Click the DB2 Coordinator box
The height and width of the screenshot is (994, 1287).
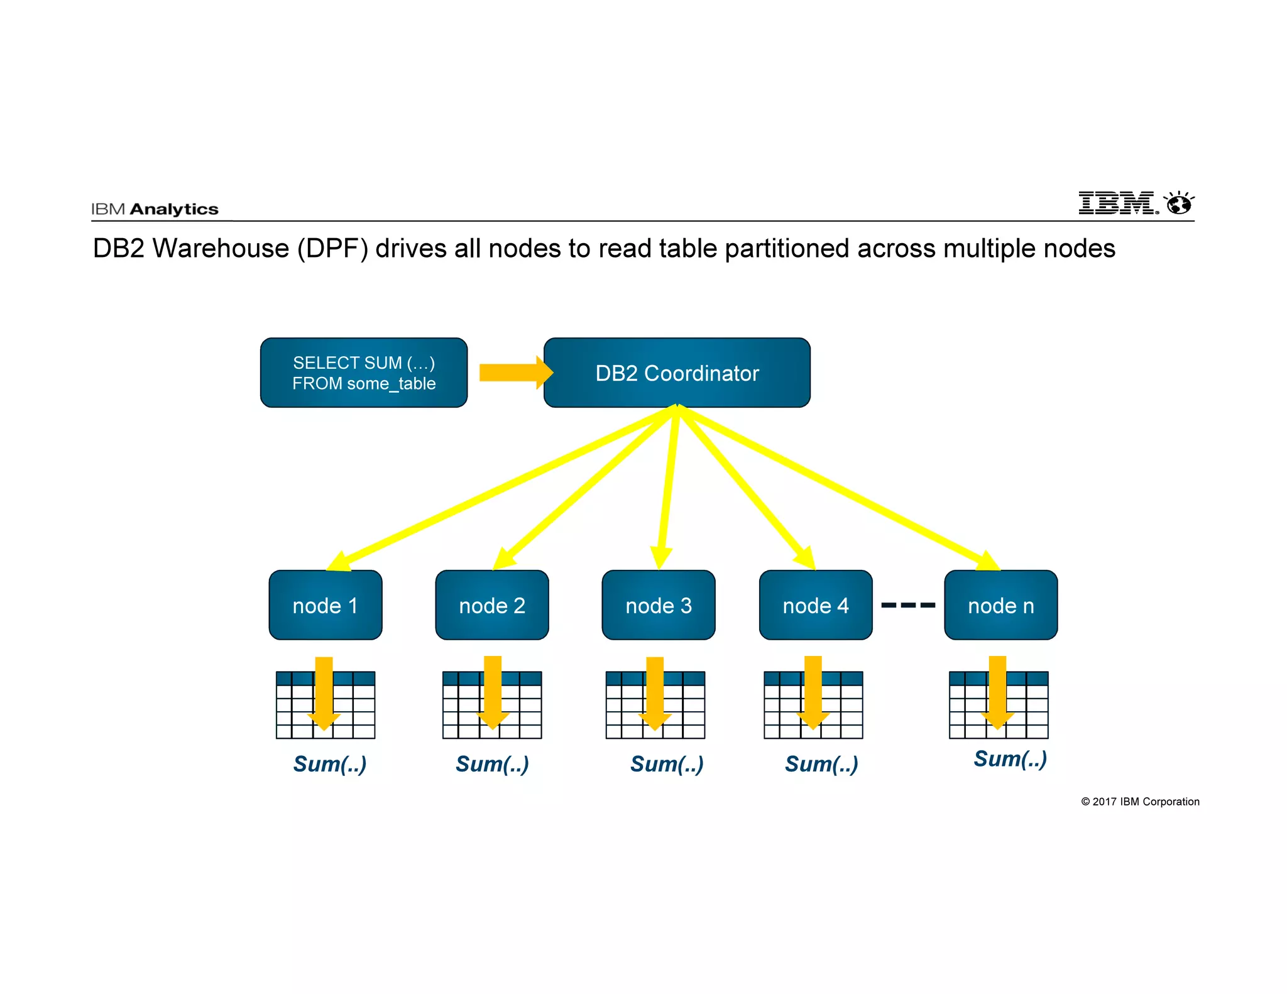pos(677,373)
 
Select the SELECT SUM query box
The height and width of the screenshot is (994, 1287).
pos(364,373)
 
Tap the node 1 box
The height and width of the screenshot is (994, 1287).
pos(326,606)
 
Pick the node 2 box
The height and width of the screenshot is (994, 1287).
pos(492,606)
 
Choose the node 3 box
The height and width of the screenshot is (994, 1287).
pos(659,606)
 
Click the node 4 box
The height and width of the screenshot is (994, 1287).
pos(816,606)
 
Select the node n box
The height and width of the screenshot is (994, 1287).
pos(1000,606)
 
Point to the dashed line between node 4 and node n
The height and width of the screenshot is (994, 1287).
pos(908,605)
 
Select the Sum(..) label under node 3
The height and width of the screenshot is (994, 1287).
pos(667,764)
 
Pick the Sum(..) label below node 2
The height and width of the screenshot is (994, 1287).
pos(492,764)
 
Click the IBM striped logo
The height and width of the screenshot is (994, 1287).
pos(1117,203)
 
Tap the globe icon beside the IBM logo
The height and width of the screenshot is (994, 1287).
pos(1179,204)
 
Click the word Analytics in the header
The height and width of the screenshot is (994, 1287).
pos(174,209)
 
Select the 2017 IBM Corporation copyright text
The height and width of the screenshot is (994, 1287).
pos(1140,802)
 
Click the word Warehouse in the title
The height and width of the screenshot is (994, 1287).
pos(221,249)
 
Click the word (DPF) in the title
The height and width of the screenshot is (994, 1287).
pos(332,249)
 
